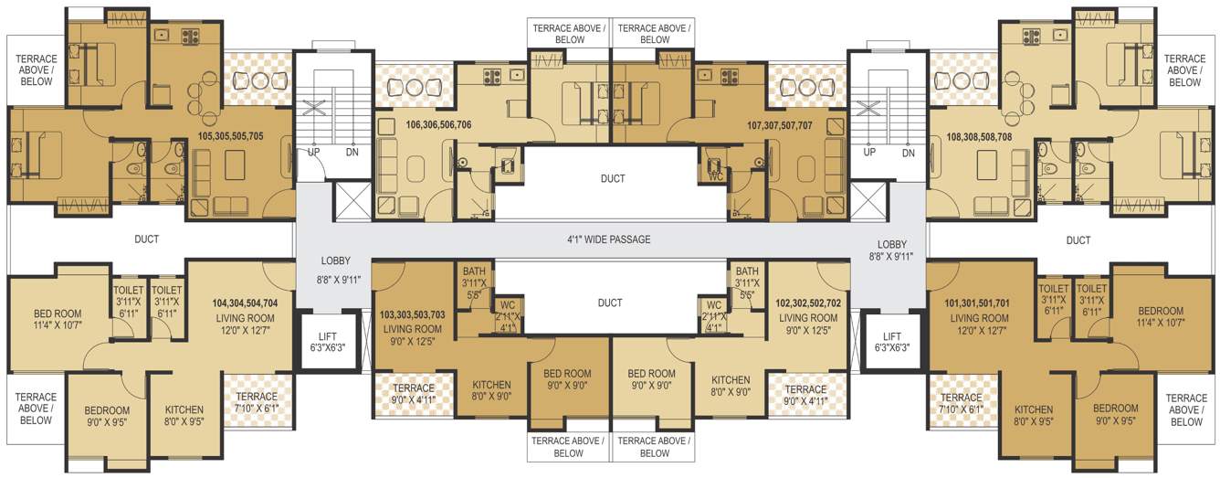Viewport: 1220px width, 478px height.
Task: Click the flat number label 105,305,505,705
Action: tap(230, 135)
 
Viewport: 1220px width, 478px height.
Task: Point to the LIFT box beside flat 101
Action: tap(891, 342)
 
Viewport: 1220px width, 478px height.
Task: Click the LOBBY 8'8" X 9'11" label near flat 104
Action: tap(335, 270)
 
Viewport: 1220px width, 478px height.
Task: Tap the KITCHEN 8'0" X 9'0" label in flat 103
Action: tap(491, 390)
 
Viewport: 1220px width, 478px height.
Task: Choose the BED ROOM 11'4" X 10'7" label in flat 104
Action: tap(45, 317)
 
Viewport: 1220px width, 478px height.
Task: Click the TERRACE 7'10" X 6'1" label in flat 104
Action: tap(257, 402)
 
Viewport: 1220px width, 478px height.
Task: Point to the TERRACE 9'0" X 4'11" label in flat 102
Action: tap(805, 394)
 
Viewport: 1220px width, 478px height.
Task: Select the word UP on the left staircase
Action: tap(313, 152)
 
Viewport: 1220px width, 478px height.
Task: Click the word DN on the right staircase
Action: tap(908, 153)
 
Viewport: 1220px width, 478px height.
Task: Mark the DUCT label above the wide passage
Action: tap(613, 178)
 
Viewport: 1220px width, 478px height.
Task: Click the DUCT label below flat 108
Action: tap(1078, 240)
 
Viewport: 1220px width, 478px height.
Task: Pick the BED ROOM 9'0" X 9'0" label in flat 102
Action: tap(651, 379)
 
